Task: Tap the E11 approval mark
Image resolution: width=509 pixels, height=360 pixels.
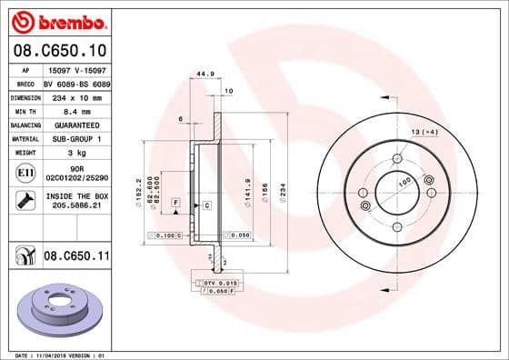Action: (25, 173)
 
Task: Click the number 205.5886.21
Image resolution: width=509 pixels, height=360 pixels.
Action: (76, 206)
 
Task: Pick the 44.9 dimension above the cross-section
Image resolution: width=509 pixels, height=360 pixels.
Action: (205, 75)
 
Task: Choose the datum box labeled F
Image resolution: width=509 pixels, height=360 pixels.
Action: (175, 201)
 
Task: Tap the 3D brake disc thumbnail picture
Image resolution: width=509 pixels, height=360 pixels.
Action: (57, 308)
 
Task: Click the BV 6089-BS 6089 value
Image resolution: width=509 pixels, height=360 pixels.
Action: (76, 81)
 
